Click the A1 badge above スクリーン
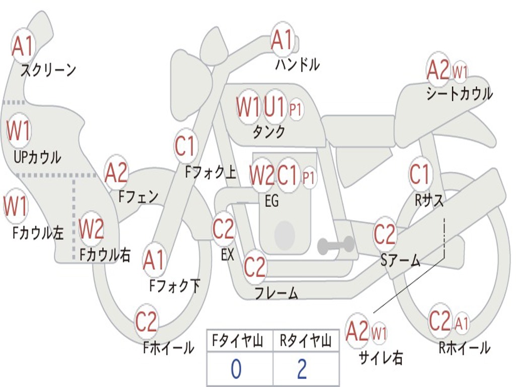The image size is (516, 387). [x=23, y=46]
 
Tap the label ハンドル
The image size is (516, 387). [x=297, y=64]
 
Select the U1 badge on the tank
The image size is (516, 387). [x=275, y=106]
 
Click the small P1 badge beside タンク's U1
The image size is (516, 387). [x=296, y=109]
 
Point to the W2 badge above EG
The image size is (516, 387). [x=262, y=175]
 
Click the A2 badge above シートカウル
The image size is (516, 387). [x=438, y=70]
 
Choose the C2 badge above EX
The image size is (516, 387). [x=224, y=229]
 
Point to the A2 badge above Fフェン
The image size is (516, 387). [x=116, y=173]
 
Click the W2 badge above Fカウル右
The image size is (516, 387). [x=92, y=229]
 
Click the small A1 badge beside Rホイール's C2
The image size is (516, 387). [x=462, y=322]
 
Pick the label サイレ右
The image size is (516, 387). [x=380, y=358]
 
